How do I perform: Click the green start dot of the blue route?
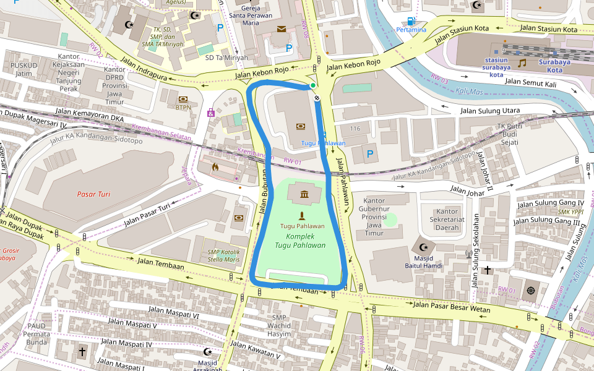pos(313,85)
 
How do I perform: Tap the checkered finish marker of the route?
pos(317,98)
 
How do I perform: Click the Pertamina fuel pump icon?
pos(411,21)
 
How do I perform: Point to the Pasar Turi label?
pos(93,194)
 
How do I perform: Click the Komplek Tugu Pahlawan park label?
pos(301,241)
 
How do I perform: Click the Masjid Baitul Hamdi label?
pos(424,262)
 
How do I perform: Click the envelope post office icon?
pos(282,29)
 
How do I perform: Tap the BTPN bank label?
pos(183,107)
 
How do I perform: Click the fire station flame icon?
pos(215,166)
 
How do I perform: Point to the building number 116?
pos(355,128)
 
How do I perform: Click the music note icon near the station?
pos(522,62)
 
